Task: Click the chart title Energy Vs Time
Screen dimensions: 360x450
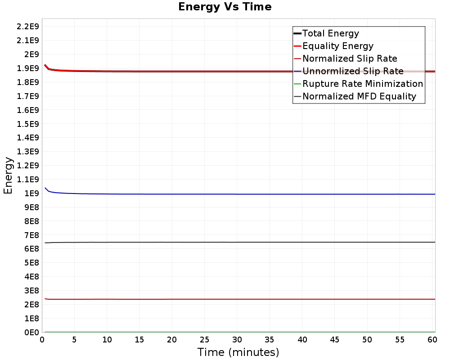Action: coord(225,7)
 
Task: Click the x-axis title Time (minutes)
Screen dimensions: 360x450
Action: coord(238,352)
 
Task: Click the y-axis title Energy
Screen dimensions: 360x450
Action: coord(8,175)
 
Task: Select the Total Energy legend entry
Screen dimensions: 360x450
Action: coord(331,33)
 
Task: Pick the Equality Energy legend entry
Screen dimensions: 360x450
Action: coord(338,46)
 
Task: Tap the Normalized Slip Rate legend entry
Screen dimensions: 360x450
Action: coord(350,58)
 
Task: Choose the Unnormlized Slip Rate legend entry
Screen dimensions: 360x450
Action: coord(353,71)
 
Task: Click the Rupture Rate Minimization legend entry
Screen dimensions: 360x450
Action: coord(363,84)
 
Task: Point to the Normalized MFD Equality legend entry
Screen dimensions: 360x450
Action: coord(359,96)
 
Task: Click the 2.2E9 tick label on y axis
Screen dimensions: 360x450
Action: coord(28,27)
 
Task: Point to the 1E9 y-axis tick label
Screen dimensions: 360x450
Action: coord(31,193)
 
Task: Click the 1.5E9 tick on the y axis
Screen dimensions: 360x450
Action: coord(28,124)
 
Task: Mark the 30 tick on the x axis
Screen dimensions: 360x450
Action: coord(237,339)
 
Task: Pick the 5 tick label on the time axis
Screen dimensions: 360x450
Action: coord(75,339)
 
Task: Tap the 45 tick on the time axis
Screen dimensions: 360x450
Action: coord(335,339)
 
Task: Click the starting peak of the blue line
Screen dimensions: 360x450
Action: coord(45,188)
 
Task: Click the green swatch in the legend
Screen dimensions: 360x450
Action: coord(297,84)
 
